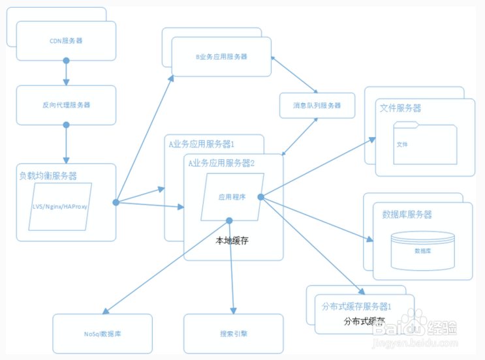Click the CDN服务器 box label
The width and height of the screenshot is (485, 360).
point(66,40)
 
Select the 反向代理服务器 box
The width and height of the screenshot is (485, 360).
point(66,104)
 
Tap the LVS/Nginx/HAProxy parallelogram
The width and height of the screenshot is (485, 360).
point(60,206)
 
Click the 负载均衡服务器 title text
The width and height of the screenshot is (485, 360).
point(48,175)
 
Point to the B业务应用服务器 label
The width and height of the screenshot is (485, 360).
point(221,57)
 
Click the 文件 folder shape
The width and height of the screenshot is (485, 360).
point(424,143)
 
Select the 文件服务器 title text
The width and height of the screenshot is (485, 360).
point(400,108)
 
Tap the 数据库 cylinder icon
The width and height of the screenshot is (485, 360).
point(422,249)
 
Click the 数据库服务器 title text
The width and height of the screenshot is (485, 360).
point(407,215)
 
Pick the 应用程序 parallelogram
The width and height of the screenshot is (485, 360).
point(232,197)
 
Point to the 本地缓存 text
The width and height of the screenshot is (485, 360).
point(232,241)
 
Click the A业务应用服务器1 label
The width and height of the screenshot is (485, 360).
point(201,143)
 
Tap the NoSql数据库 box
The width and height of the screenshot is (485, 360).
point(102,333)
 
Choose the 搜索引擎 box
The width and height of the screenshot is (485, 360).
point(233,333)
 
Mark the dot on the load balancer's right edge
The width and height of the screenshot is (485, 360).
point(116,203)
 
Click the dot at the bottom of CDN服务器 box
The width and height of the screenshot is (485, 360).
point(66,61)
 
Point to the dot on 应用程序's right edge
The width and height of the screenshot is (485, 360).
point(260,197)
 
